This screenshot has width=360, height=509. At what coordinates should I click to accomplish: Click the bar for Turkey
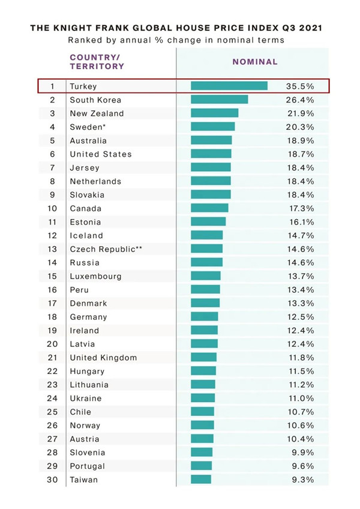(229, 86)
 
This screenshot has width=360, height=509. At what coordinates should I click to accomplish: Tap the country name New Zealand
(97, 113)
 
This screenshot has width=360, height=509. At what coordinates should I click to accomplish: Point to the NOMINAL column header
(255, 61)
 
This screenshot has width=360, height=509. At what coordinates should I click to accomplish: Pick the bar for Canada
(209, 208)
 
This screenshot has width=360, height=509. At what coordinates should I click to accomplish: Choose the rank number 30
(52, 480)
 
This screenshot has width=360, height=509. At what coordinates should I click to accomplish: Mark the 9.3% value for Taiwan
(301, 480)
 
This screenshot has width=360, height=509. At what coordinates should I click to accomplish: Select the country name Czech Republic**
(106, 249)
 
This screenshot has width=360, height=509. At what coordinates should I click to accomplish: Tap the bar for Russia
(206, 262)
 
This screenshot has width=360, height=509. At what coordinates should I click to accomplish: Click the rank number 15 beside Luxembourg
(52, 276)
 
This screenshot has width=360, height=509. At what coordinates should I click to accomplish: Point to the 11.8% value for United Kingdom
(301, 358)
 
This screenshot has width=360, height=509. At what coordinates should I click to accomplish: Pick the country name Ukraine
(86, 398)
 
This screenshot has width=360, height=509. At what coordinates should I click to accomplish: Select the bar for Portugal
(201, 466)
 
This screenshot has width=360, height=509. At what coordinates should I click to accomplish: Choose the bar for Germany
(204, 317)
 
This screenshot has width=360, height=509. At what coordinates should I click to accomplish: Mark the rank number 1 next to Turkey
(52, 86)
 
